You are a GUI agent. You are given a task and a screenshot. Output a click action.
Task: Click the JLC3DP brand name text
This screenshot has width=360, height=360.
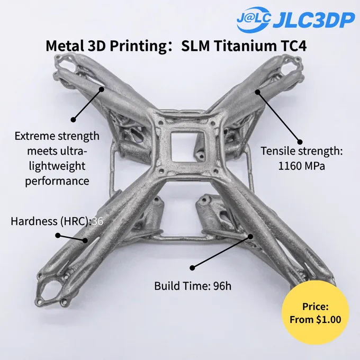pos(313,21)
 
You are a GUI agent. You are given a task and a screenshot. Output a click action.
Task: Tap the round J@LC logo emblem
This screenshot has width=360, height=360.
pos(254,19)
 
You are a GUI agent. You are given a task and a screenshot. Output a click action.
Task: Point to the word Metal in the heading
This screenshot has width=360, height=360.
pos(65,46)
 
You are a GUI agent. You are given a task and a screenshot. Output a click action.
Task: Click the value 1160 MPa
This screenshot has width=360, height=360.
pos(301,166)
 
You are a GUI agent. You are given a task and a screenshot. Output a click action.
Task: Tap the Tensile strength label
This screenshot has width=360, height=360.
pos(301,151)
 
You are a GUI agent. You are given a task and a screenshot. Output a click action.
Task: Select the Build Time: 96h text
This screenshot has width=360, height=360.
pos(193,286)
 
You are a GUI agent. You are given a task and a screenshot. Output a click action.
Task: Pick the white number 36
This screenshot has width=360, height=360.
pos(97,221)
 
